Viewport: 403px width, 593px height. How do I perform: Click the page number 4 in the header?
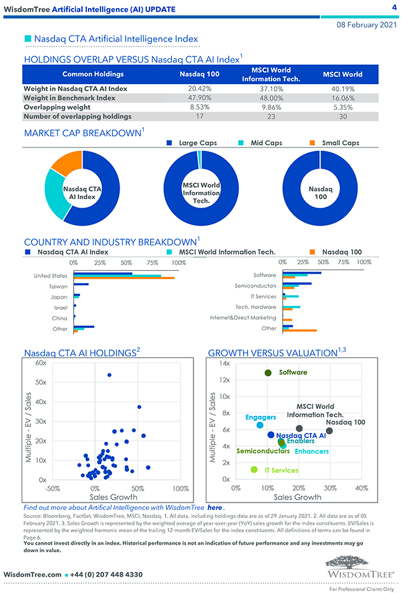[394, 7]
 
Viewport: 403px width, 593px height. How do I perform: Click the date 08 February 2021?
[366, 25]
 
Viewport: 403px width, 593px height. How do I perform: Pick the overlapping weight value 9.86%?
[271, 107]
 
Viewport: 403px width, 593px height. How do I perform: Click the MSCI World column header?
[342, 74]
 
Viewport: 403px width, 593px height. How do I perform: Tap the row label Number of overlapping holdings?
[77, 116]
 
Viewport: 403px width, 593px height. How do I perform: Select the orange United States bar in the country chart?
[123, 278]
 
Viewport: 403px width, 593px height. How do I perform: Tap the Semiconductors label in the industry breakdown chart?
[255, 286]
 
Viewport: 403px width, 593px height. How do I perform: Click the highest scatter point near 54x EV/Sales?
[109, 375]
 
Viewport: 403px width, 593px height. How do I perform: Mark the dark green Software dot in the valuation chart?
[268, 373]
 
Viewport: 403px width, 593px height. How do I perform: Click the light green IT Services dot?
[254, 470]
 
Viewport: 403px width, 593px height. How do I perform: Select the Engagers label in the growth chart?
[260, 417]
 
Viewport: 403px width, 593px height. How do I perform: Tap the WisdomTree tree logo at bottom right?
[360, 566]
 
